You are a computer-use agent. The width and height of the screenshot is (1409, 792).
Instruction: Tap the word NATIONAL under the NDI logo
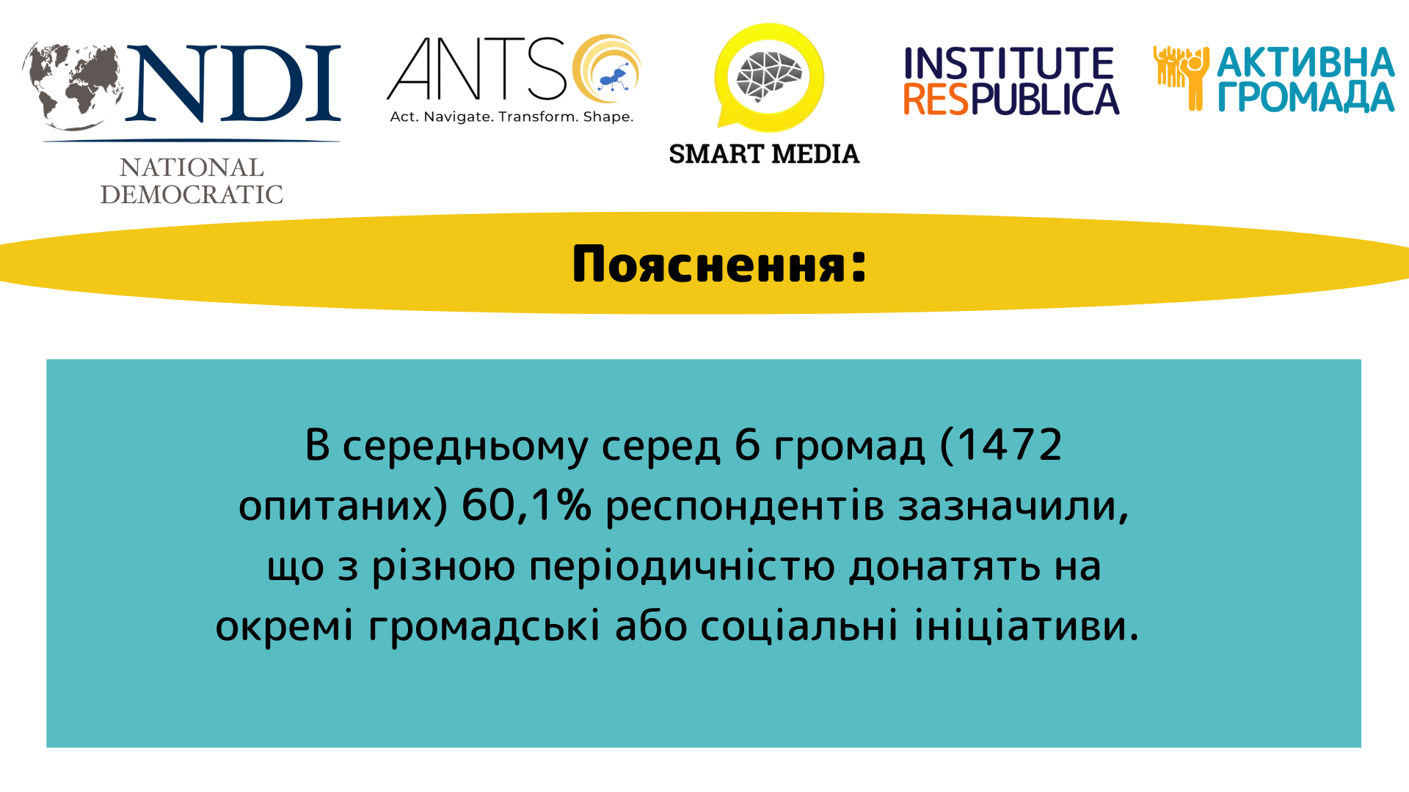[192, 168]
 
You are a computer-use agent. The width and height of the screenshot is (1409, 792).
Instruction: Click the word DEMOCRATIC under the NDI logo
[192, 194]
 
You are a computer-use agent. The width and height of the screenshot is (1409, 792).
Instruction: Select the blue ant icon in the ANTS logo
[614, 77]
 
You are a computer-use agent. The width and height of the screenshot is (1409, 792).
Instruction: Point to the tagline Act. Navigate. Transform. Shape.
[511, 117]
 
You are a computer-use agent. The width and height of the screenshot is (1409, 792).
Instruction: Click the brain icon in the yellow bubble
[770, 76]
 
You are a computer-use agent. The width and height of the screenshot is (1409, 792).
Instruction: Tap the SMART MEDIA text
[764, 154]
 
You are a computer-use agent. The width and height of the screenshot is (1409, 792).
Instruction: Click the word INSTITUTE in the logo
[1009, 64]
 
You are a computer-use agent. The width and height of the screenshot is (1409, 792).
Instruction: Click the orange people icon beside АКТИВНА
[1181, 78]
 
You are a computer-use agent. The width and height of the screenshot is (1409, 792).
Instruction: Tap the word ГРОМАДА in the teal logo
[1306, 98]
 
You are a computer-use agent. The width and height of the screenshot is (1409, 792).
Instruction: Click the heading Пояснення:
[719, 264]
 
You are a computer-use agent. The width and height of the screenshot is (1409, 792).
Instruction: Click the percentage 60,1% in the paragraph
[526, 505]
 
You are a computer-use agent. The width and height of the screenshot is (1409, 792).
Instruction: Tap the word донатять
[945, 567]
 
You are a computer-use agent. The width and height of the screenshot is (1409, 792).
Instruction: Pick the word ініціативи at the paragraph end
[1027, 626]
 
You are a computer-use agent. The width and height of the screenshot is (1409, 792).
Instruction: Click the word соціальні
[799, 626]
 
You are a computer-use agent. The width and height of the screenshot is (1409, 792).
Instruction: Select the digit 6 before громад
[747, 444]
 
